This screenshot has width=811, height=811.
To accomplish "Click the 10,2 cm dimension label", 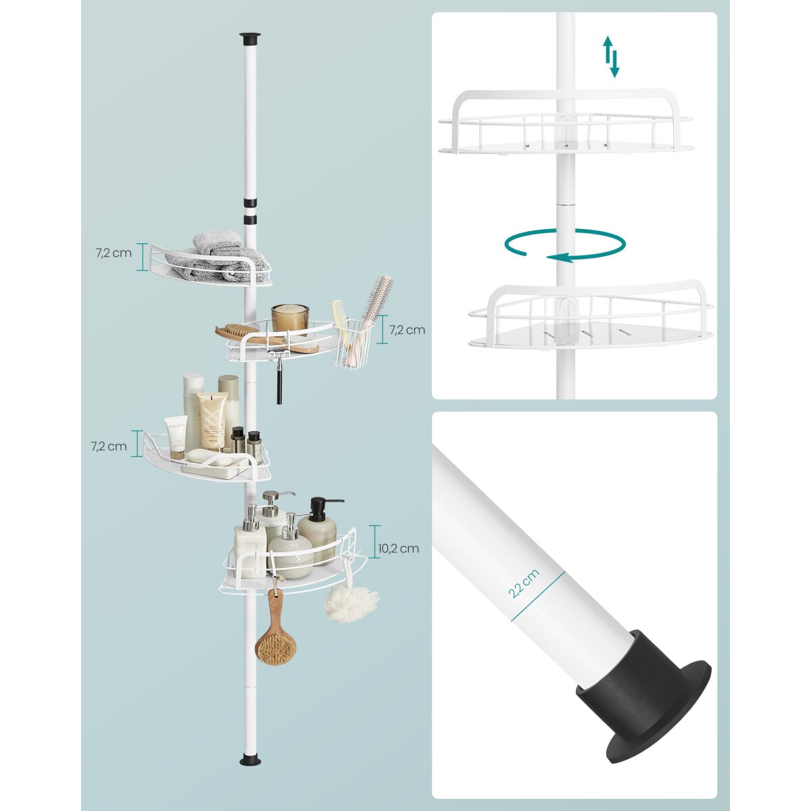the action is coord(398,548).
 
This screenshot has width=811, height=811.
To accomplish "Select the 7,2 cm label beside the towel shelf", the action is coord(114,253).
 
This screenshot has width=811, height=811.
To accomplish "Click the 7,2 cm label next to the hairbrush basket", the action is coord(407,330).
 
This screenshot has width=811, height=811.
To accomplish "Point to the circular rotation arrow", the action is coord(565,245).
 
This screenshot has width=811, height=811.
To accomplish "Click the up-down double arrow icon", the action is coord(611,57).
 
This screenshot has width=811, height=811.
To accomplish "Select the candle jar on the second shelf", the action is coord(290,319).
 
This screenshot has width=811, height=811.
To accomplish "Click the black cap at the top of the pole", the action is coord(250,39).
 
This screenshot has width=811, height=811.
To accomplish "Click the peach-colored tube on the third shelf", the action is coord(212,421).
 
